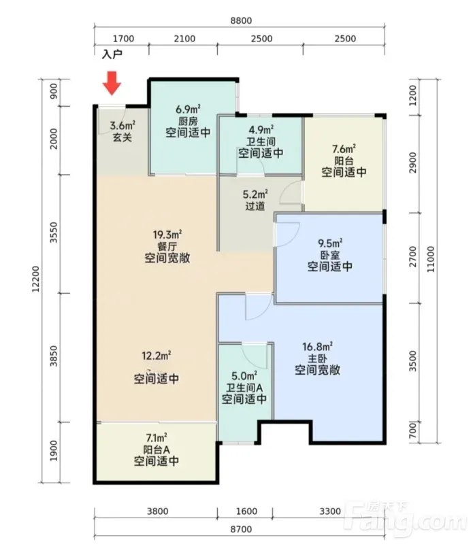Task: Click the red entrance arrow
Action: pos(112,83)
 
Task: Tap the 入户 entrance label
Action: pos(112,54)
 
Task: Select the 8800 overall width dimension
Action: pos(241,20)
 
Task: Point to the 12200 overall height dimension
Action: pos(36,279)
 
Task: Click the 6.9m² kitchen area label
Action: pos(188,109)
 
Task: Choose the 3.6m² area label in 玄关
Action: pos(123,125)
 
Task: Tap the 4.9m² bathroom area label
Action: pos(261,130)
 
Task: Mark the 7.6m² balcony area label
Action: pos(344,149)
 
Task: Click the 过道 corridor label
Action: pos(255,206)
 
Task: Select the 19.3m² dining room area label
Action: pos(167,235)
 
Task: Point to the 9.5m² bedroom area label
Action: pos(330,243)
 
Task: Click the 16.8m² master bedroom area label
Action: pos(317,346)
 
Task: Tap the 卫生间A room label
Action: pos(244,388)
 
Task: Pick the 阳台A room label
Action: pos(157,449)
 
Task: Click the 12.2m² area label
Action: pos(157,355)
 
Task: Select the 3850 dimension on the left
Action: pos(54,356)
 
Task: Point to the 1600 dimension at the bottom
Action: pos(246,511)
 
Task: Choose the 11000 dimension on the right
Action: pos(431,259)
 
